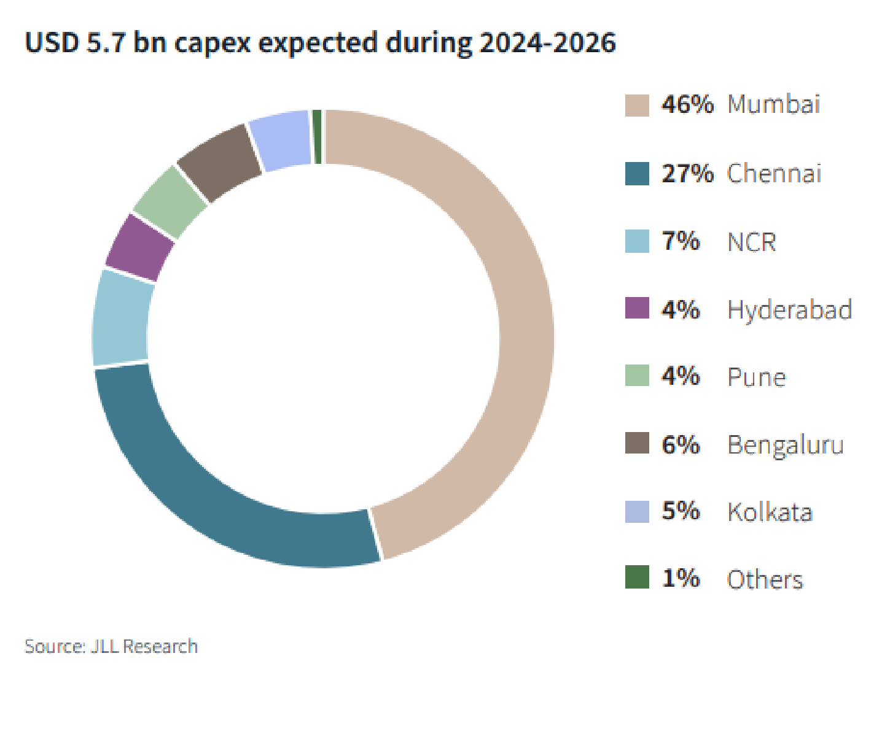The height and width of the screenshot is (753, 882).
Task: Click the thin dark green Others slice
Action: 317,137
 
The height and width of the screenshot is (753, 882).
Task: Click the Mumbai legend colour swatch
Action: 637,106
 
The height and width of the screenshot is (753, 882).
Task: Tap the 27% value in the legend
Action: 687,174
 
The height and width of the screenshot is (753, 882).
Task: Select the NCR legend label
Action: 751,242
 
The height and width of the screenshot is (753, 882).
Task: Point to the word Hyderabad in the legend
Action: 789,310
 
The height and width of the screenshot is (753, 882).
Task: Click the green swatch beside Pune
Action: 637,376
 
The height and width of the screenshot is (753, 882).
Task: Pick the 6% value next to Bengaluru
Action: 681,444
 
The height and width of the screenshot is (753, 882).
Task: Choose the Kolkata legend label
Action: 770,512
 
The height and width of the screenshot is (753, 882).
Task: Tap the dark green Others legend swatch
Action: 637,577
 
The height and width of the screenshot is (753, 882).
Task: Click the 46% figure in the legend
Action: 687,105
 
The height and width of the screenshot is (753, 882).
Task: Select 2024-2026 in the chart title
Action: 547,43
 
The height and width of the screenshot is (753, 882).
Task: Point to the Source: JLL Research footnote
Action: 111,646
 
